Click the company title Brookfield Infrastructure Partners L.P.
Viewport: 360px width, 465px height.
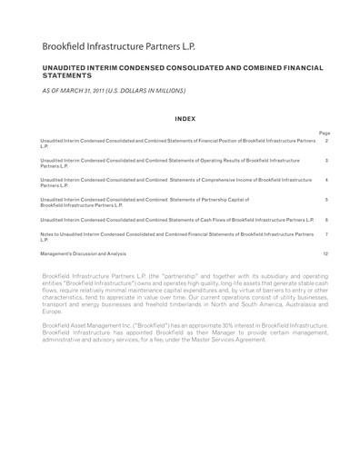(x=126, y=45)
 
